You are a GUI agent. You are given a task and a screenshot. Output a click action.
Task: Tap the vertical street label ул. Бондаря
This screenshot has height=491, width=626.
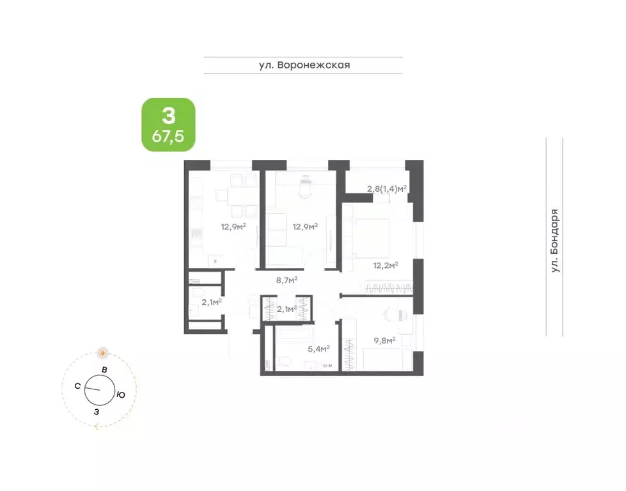pyautogui.click(x=554, y=241)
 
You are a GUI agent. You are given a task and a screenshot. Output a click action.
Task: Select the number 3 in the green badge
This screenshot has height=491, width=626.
pyautogui.click(x=168, y=115)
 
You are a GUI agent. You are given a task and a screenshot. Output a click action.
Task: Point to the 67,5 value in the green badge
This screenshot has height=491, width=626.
pyautogui.click(x=168, y=136)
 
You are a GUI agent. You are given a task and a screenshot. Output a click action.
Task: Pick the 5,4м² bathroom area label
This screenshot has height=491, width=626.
pyautogui.click(x=318, y=349)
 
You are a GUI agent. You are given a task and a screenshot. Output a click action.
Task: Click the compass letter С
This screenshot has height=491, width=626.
pyautogui.click(x=77, y=386)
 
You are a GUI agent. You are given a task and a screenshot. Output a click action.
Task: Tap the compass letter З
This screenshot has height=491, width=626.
pyautogui.click(x=97, y=412)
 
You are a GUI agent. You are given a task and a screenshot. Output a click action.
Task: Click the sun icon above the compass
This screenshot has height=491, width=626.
pyautogui.click(x=103, y=352)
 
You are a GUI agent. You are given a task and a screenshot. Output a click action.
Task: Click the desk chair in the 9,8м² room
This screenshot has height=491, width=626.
pyautogui.click(x=388, y=314)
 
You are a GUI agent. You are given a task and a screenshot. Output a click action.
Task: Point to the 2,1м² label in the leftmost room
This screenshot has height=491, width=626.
pyautogui.click(x=211, y=302)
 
